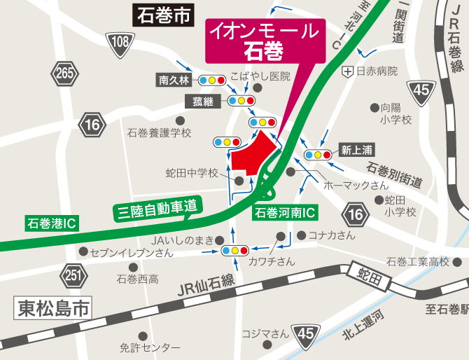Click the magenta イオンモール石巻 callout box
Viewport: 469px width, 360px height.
[266, 41]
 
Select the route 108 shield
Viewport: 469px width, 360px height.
[119, 43]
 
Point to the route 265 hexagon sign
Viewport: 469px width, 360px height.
[65, 73]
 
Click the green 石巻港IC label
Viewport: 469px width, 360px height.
[52, 223]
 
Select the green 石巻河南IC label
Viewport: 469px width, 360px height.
[285, 212]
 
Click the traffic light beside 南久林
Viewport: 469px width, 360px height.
[211, 81]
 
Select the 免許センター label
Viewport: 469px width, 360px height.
[149, 347]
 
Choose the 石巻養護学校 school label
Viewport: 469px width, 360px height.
[159, 132]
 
